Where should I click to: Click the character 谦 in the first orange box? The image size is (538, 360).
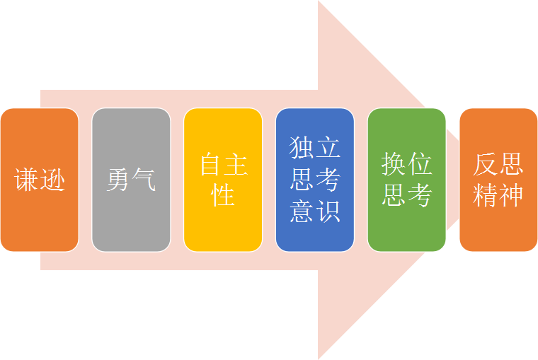27,180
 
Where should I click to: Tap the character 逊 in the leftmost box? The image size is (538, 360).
52,180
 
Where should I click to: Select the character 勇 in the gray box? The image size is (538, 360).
119,180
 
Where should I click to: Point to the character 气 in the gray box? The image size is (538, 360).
144,180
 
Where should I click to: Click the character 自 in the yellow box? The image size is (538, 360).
211,165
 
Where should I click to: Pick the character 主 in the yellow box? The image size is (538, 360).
236,165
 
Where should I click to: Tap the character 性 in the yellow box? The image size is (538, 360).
223,195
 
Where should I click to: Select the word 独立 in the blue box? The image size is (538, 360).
315,149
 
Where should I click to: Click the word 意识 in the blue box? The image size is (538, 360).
315,210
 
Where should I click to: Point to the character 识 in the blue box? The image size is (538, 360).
328,210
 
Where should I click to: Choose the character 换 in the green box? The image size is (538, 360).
394,165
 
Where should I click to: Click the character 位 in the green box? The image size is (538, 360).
420,165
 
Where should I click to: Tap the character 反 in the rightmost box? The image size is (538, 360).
486,164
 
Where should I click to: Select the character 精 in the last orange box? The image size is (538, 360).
486,195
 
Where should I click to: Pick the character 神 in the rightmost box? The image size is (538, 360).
511,195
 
